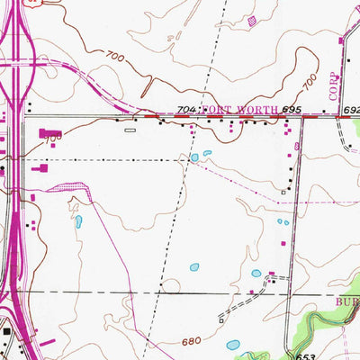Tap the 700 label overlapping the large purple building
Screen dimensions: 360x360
[54, 137]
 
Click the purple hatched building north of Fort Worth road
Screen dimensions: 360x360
[252, 19]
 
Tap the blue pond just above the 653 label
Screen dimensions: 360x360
[233, 344]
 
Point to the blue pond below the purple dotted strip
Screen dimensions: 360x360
[78, 220]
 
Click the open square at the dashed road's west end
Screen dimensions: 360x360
[220, 319]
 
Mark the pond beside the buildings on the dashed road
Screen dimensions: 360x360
[256, 274]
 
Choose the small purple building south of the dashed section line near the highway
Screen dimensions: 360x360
[33, 196]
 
